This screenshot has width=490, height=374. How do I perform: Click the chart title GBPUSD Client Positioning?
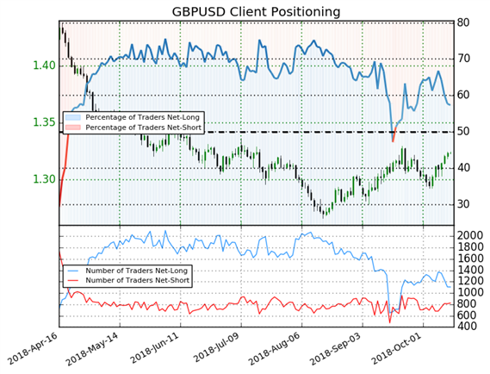[256, 12]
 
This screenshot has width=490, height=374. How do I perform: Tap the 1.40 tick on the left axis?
[44, 65]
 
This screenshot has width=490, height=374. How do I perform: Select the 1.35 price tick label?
[44, 122]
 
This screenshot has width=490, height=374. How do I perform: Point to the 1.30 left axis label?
[44, 179]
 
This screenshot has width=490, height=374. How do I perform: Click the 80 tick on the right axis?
[462, 22]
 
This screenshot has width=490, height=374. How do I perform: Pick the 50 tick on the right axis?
[462, 131]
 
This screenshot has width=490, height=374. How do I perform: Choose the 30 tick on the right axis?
[462, 204]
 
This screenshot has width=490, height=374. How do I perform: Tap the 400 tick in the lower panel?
[466, 326]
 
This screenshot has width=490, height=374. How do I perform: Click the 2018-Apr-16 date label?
[32, 348]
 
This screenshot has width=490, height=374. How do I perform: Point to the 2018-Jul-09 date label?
[215, 348]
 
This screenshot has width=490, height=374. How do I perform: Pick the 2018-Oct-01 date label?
[397, 348]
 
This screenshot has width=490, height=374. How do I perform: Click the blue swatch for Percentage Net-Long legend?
[73, 117]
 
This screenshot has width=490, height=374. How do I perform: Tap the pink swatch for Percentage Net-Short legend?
[73, 128]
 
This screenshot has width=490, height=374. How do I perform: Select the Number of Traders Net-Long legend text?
[137, 271]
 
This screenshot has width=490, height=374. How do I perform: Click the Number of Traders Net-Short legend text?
[138, 281]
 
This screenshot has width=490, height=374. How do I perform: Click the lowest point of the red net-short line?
[390, 322]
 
